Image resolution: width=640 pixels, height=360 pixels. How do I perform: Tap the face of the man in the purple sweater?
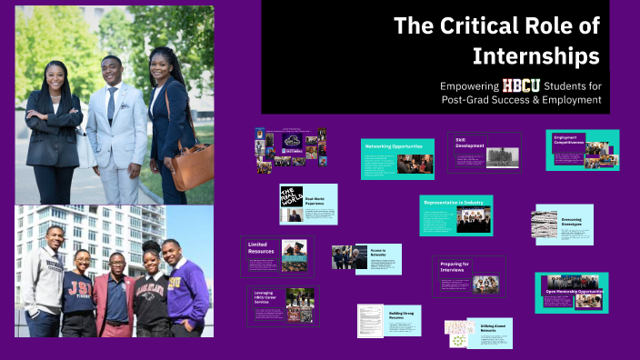click(170, 249)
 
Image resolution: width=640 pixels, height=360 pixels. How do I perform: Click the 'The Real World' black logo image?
click(291, 196)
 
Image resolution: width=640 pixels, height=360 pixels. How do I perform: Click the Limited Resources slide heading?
click(260, 248)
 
